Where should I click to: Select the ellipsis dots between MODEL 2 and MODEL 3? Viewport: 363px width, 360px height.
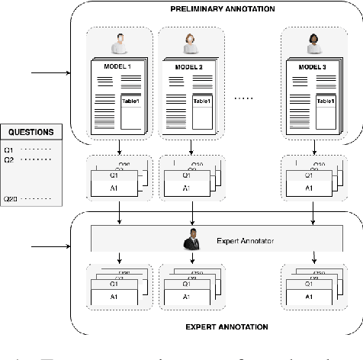246,98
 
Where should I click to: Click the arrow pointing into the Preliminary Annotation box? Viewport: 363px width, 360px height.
50,74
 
